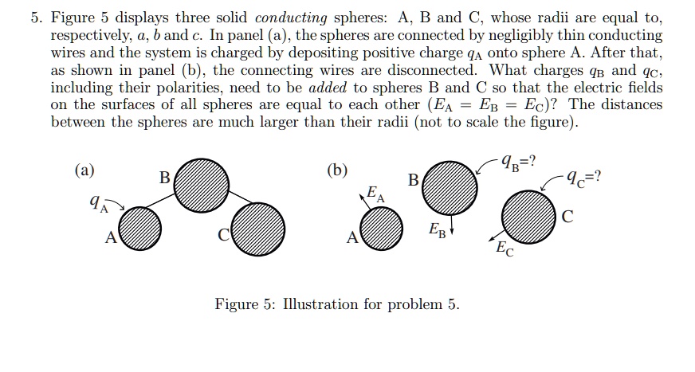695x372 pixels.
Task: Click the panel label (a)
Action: click(84, 170)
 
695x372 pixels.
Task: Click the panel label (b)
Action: click(337, 170)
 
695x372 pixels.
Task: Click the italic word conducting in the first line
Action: click(291, 18)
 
